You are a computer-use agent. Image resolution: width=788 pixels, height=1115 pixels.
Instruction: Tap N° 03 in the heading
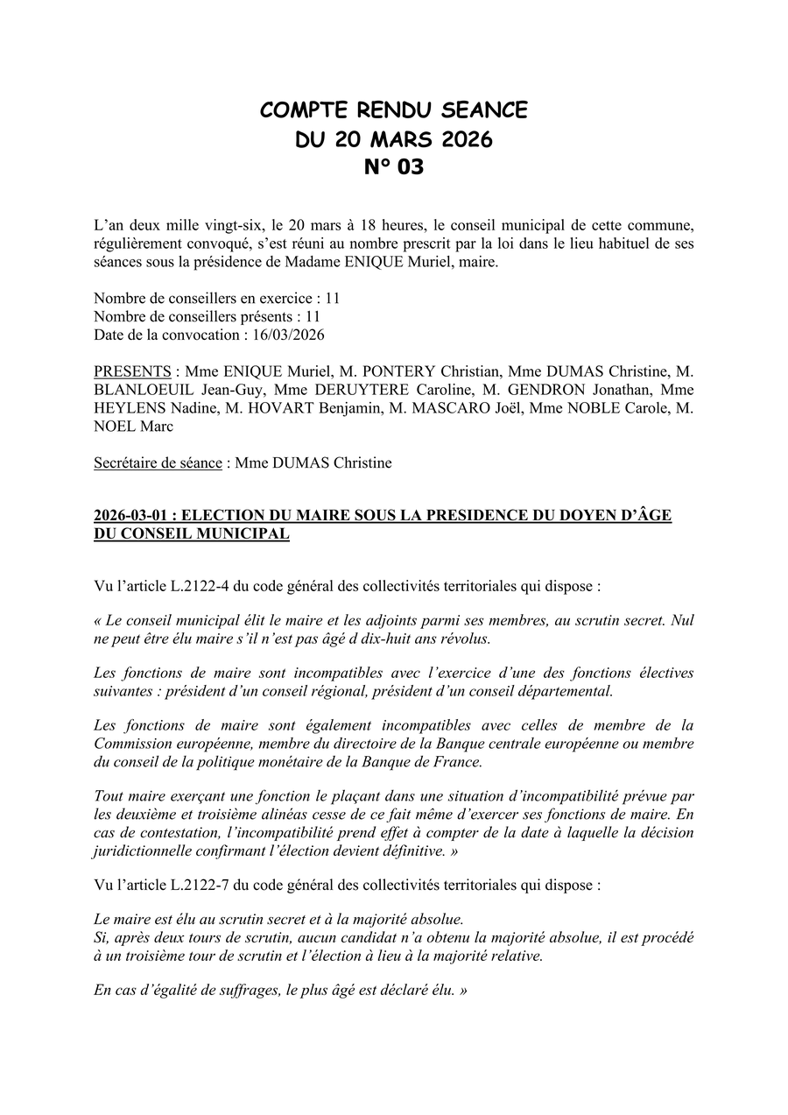[x=394, y=166]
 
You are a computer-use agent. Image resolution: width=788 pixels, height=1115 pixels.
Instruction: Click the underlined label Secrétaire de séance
[x=158, y=462]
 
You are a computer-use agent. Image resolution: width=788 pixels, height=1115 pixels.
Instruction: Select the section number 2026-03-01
[x=131, y=516]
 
